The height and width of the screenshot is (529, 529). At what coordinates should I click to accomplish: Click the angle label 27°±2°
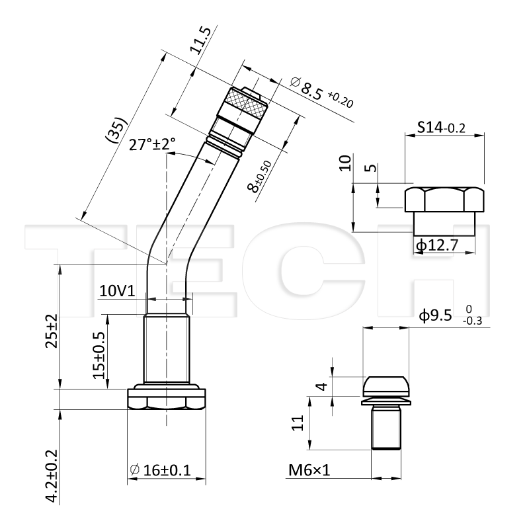pyautogui.click(x=152, y=144)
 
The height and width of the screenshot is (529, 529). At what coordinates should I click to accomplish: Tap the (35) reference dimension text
pyautogui.click(x=116, y=130)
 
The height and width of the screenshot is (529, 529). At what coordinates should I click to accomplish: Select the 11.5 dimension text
pyautogui.click(x=200, y=41)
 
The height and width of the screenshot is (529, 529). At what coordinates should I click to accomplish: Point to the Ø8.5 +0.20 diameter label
pyautogui.click(x=321, y=92)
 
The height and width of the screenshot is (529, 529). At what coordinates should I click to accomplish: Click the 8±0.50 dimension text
pyautogui.click(x=259, y=177)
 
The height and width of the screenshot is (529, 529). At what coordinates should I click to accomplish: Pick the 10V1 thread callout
pyautogui.click(x=117, y=291)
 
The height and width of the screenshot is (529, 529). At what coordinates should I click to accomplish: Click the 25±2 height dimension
pyautogui.click(x=52, y=331)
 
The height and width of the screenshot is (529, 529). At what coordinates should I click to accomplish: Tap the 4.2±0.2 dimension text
pyautogui.click(x=52, y=475)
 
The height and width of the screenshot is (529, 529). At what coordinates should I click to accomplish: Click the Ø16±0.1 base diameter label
pyautogui.click(x=160, y=470)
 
